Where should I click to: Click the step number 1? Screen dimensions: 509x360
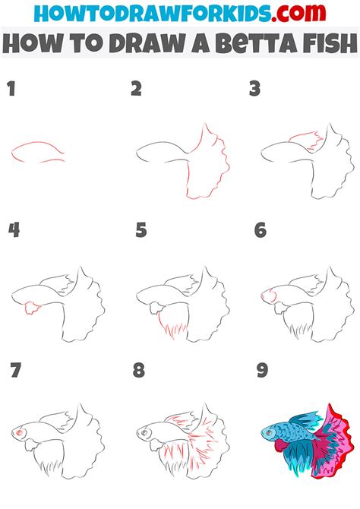pos(11,89)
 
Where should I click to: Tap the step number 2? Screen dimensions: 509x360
pos(136,89)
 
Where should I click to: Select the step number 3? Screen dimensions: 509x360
pos(256,89)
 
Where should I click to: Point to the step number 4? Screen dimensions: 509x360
pos(13,230)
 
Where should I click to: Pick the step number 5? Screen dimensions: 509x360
pos(141,230)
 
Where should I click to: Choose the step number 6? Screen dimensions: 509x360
pos(261,230)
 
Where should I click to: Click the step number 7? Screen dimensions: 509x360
pos(16,371)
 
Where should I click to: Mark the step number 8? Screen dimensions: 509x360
pos(138,371)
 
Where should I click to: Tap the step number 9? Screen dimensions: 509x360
pos(262,371)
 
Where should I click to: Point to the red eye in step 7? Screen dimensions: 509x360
pos(17,432)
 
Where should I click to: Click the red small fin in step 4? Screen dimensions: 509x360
pos(31,307)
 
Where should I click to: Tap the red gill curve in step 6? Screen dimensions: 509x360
pos(273,292)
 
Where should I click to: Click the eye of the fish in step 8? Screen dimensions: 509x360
pos(143,432)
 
